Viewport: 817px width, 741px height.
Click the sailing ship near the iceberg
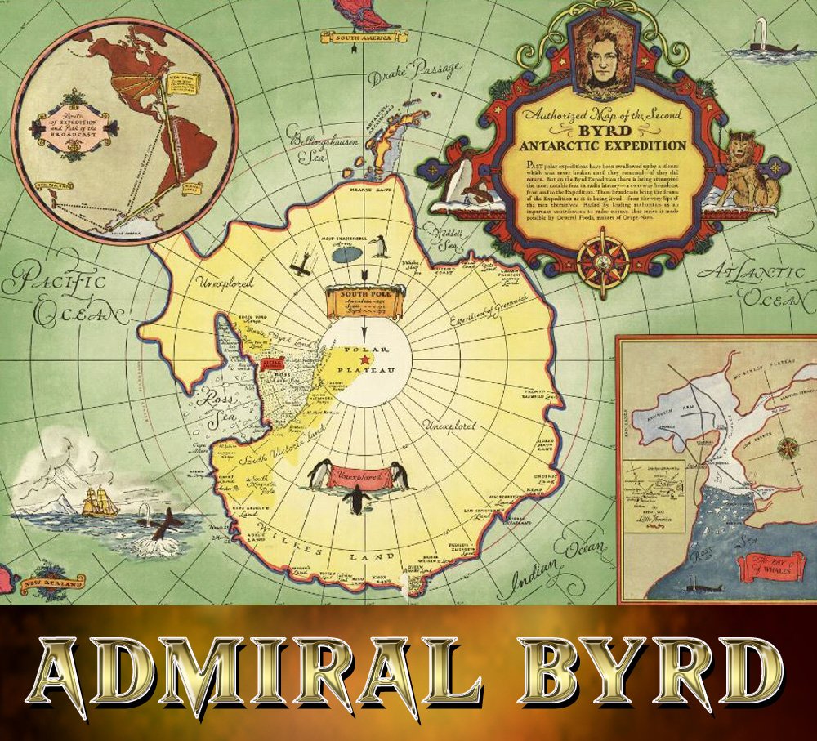(100, 500)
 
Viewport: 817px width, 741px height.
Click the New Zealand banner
(53, 584)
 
